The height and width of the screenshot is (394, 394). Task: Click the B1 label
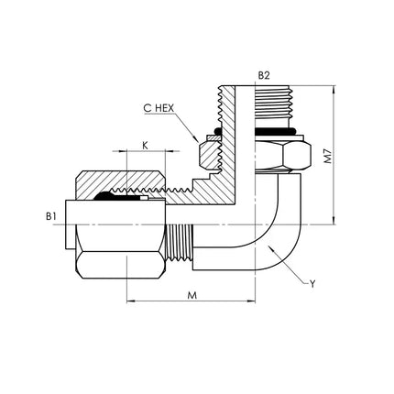[51, 216]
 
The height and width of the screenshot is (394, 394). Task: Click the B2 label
[264, 76]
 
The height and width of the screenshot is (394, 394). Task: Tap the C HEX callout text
[159, 108]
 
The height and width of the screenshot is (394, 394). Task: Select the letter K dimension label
[146, 146]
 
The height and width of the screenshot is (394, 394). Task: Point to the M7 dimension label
[328, 156]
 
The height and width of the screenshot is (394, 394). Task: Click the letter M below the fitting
[192, 296]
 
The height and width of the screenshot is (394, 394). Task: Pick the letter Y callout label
[312, 284]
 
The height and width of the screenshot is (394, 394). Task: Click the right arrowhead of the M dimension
[251, 301]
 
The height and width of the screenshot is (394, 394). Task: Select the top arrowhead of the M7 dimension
[334, 90]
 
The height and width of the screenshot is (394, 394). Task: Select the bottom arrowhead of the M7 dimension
[334, 221]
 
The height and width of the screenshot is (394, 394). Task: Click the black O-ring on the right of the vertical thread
[275, 132]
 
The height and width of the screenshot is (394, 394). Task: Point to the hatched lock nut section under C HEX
[210, 154]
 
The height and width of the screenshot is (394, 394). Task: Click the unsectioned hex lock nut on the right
[283, 155]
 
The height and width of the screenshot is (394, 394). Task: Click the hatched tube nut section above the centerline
[120, 183]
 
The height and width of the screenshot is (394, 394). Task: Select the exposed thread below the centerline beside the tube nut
[179, 242]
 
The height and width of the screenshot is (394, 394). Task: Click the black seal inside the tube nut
[117, 197]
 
